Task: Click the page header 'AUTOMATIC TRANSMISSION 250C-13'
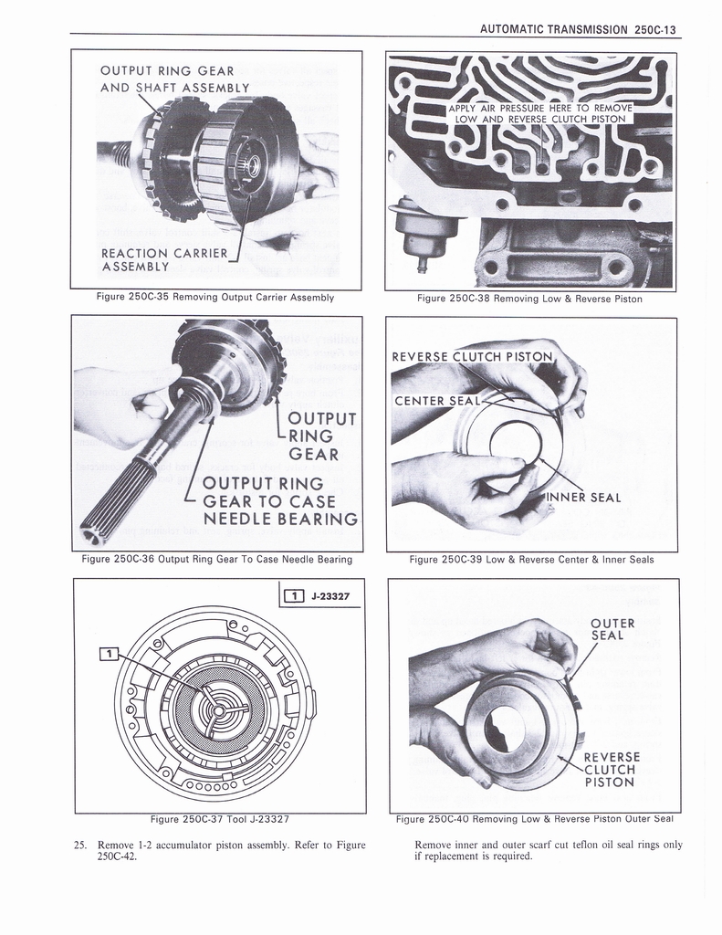pos(581,28)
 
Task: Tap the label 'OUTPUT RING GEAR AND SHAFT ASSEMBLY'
pos(173,79)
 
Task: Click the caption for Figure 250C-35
pos(215,298)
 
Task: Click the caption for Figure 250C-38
pos(529,299)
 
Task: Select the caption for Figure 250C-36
pos(216,560)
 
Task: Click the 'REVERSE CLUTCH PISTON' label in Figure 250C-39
pos(472,356)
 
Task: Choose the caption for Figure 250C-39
pos(531,560)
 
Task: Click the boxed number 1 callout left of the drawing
pos(108,653)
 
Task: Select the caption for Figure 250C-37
pos(219,819)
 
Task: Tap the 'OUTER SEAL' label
pos(612,629)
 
